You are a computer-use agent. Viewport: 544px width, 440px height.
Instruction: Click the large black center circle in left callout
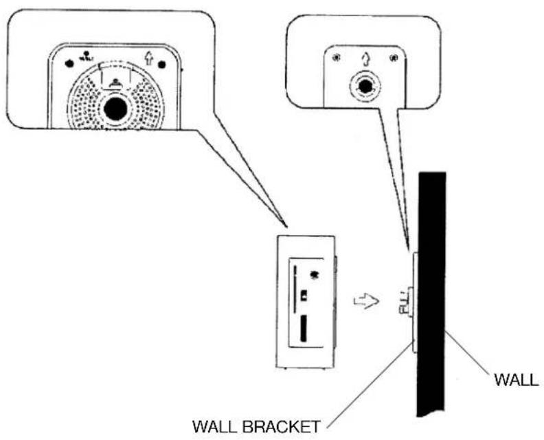(115, 108)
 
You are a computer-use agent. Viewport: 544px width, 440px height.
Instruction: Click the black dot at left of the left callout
(69, 63)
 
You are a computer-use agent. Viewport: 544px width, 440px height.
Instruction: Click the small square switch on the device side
(304, 295)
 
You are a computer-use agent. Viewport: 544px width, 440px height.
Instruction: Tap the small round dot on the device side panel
(315, 276)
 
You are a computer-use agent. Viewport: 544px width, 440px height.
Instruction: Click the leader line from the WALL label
(468, 351)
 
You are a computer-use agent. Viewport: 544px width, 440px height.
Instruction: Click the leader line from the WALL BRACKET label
(371, 385)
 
